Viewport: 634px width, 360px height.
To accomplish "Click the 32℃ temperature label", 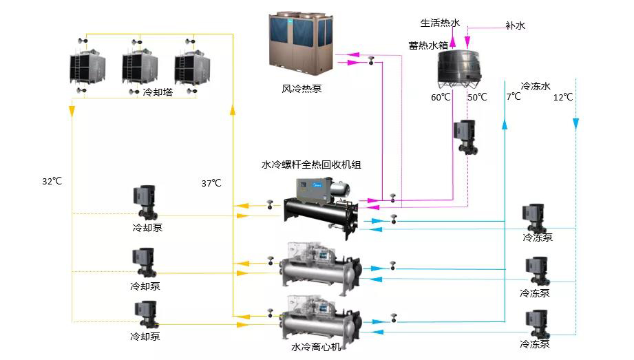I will (52, 182).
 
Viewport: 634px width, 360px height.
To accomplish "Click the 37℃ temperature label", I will (211, 183).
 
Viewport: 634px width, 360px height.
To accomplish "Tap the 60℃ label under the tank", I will (441, 97).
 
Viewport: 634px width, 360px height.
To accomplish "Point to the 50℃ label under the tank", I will (477, 97).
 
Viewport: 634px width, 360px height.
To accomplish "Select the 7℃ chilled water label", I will (514, 97).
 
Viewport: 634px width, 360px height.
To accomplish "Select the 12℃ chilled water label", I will (563, 97).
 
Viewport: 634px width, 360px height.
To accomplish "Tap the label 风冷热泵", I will (302, 88).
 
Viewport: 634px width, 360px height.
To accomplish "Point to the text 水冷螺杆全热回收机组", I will (311, 165).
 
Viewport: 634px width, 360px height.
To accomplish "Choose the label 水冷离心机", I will (315, 348).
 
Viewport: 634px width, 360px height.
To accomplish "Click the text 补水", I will (515, 26).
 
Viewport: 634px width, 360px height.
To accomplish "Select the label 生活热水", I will (440, 23).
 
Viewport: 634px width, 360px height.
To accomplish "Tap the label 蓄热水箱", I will (428, 45).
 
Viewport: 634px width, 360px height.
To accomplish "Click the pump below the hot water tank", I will (464, 137).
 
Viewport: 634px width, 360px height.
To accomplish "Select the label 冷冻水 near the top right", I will (536, 86).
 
